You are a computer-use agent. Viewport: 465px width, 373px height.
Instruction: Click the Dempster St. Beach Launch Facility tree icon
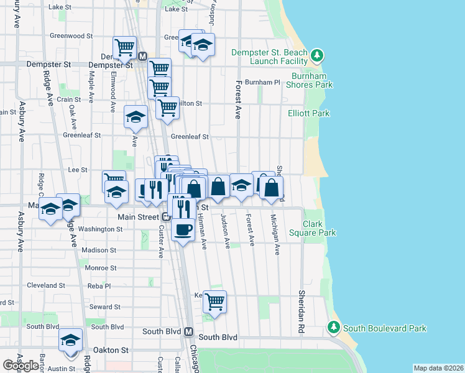click(x=318, y=57)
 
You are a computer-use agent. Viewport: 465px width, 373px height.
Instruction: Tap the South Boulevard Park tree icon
click(x=333, y=327)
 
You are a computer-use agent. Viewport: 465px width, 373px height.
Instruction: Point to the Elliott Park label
click(x=303, y=114)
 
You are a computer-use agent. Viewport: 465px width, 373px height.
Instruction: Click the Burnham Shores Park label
click(x=309, y=80)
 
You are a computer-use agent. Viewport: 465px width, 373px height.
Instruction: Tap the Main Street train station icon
click(x=166, y=217)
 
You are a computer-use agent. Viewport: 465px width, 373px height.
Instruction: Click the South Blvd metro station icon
click(x=189, y=332)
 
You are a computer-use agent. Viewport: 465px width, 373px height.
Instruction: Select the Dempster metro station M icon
click(x=142, y=56)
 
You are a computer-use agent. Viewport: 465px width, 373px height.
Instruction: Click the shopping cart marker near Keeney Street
click(x=214, y=302)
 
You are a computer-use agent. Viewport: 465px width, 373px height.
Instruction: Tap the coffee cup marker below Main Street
click(x=182, y=230)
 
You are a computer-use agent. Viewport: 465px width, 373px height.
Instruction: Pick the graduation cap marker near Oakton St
click(x=71, y=340)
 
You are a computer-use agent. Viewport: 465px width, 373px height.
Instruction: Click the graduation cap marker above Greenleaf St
click(x=136, y=117)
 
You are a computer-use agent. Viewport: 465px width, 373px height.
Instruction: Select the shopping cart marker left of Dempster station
click(x=125, y=47)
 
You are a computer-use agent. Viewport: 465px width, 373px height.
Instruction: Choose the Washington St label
click(x=101, y=229)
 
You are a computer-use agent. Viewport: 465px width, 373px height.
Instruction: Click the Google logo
click(x=21, y=366)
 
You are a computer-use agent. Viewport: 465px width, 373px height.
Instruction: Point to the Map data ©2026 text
click(x=438, y=368)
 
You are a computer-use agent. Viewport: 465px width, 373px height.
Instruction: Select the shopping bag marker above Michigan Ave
click(x=272, y=187)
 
